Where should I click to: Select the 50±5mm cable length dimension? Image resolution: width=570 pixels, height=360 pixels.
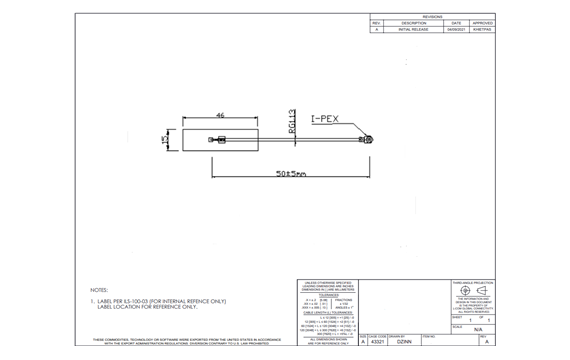[291, 174]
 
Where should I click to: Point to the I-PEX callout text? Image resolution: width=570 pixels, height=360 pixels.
[325, 119]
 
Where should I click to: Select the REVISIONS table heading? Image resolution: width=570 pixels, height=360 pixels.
[432, 16]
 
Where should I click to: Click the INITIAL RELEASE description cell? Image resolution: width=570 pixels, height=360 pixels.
[414, 30]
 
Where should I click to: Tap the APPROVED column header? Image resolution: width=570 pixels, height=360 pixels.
[482, 23]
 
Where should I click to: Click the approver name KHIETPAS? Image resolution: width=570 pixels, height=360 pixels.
[482, 30]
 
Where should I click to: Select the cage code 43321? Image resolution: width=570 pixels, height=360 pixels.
[377, 342]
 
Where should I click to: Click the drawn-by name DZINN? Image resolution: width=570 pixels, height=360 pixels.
[404, 342]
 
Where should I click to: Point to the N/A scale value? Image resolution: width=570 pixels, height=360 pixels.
[477, 329]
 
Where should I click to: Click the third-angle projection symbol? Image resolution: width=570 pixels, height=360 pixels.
[472, 291]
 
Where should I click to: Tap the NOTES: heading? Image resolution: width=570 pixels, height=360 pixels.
[99, 290]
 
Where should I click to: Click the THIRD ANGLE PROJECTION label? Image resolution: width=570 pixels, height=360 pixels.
[472, 282]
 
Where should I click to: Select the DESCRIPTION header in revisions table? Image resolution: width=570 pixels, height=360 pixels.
[414, 23]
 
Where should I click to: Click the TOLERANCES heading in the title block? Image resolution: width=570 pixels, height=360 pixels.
[329, 294]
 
